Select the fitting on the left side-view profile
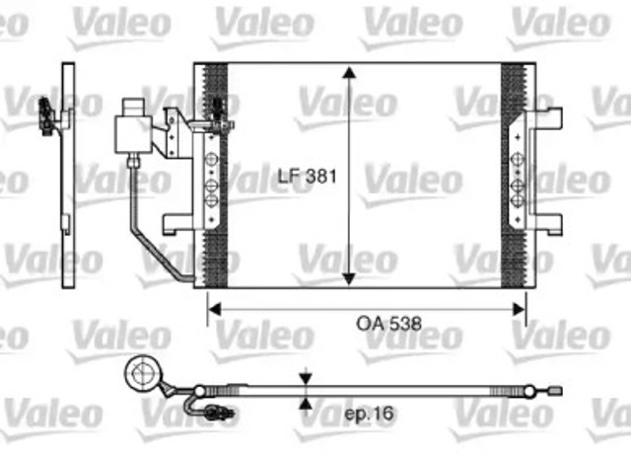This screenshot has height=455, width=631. (x=45, y=114)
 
